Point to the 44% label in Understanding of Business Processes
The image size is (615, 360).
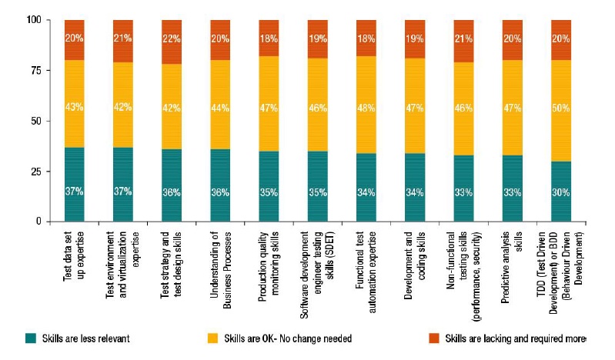(221, 108)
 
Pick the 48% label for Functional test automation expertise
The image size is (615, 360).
(367, 108)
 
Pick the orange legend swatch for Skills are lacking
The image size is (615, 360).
(433, 337)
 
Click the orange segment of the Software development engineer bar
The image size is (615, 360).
(319, 40)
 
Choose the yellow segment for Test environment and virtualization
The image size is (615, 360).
(123, 105)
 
